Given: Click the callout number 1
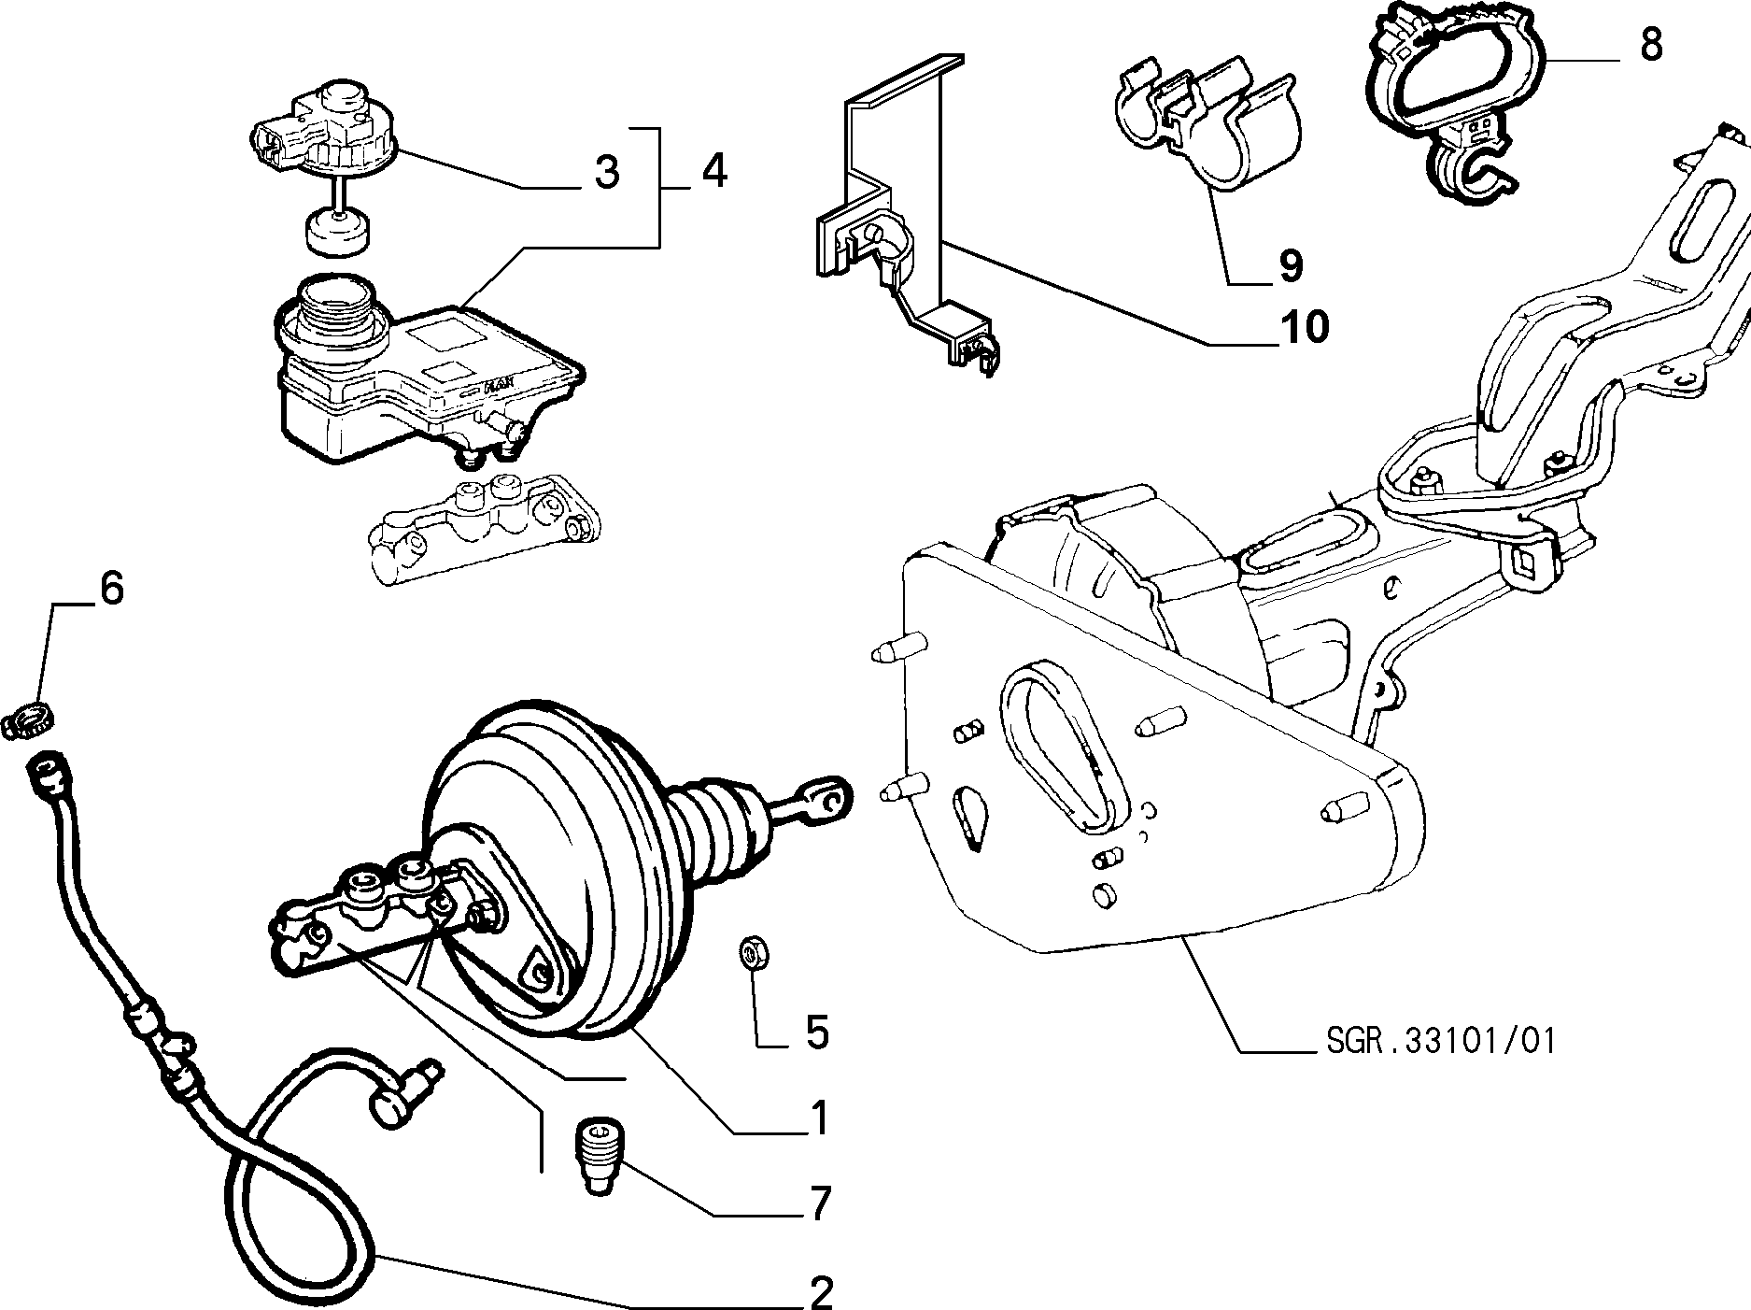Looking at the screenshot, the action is tap(819, 1118).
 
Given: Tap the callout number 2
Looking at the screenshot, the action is tap(821, 1292).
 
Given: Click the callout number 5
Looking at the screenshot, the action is tap(817, 1033).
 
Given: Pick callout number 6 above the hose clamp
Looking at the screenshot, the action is tap(111, 589).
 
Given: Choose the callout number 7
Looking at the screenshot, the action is tap(819, 1204).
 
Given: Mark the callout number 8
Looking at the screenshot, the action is tap(1651, 44).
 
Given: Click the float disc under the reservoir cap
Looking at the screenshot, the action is tap(337, 232).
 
